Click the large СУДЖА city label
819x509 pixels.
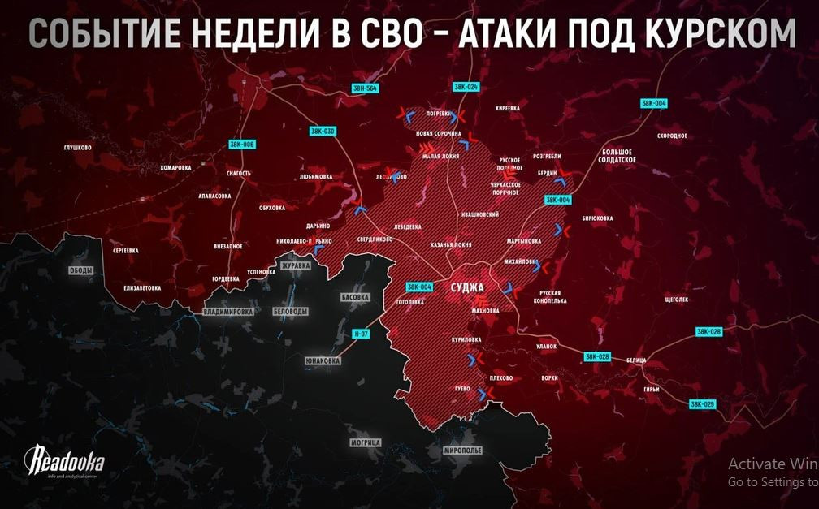pos(466,287)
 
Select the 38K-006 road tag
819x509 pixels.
pos(242,144)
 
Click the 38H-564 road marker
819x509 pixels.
pos(366,88)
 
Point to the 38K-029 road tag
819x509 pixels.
pos(702,403)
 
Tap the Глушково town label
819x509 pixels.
pos(77,148)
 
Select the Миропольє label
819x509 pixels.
pos(463,449)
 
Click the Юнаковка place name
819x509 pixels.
pos(321,360)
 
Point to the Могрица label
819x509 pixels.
pos(365,442)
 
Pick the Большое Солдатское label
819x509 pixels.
pos(619,156)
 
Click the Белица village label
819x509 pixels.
pos(635,359)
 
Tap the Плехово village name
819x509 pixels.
pos(500,378)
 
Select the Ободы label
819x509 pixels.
pos(81,270)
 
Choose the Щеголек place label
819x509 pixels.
pos(676,300)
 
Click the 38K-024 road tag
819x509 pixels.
pos(467,86)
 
